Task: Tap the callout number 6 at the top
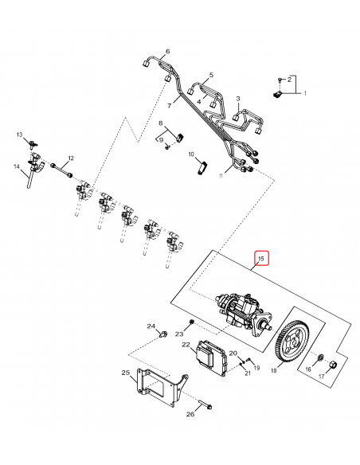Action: [x=167, y=52]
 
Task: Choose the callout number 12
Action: [x=70, y=158]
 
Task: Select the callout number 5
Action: [x=211, y=75]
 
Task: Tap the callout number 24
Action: [x=149, y=326]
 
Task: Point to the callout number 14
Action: [x=15, y=166]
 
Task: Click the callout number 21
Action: [x=248, y=373]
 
